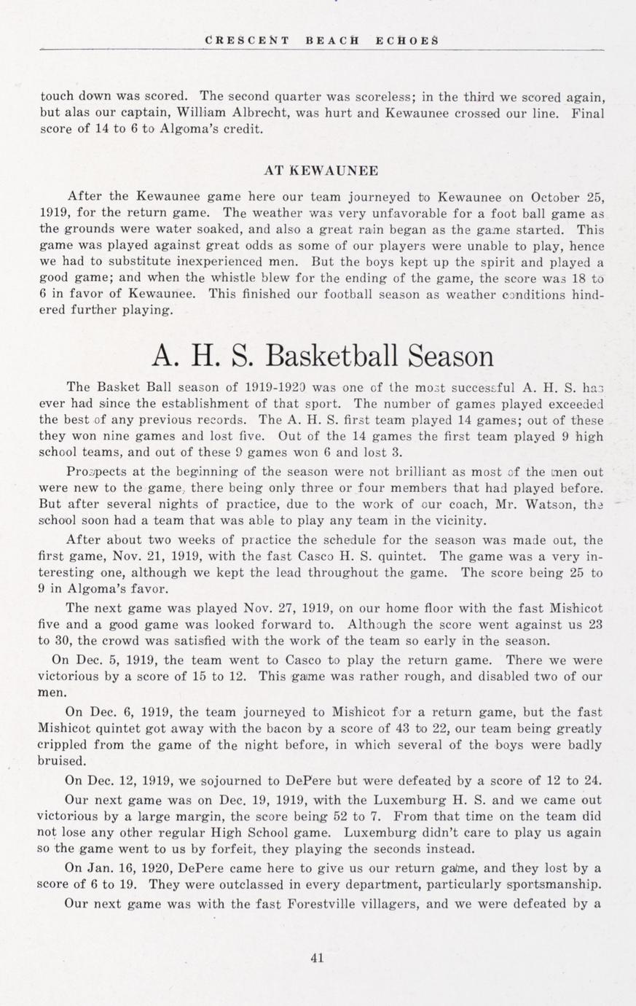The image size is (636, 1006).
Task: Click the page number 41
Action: click(317, 958)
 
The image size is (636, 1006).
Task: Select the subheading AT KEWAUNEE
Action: click(321, 171)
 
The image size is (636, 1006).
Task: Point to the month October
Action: click(556, 196)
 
